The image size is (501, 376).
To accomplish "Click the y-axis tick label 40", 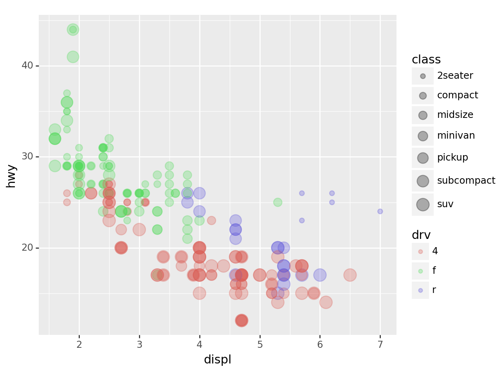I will click(27, 65).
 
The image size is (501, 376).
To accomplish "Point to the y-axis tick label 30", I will click(27, 157).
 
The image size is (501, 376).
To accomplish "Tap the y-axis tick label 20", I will click(27, 248).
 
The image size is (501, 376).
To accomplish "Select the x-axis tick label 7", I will click(380, 344).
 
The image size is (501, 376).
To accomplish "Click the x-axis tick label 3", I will click(139, 344).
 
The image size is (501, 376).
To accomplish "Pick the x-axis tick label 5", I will click(260, 344).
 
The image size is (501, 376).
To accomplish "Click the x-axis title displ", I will click(218, 360).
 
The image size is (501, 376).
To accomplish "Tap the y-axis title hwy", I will click(11, 176).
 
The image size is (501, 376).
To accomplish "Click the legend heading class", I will click(426, 60).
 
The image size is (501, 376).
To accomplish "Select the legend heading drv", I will click(421, 235).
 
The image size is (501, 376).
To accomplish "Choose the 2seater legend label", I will click(455, 76).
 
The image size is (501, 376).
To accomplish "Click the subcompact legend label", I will click(466, 181).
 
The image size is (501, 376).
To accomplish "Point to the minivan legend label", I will click(456, 136).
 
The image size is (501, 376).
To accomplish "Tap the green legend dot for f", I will click(420, 271).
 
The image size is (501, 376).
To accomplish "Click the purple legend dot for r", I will click(420, 290).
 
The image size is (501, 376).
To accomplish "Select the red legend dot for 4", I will click(420, 251).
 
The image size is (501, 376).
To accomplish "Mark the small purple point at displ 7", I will click(380, 211).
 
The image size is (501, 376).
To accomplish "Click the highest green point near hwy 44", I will click(73, 29).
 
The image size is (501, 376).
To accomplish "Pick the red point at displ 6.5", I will click(350, 275).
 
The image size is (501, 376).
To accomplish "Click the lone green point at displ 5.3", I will click(278, 202).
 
